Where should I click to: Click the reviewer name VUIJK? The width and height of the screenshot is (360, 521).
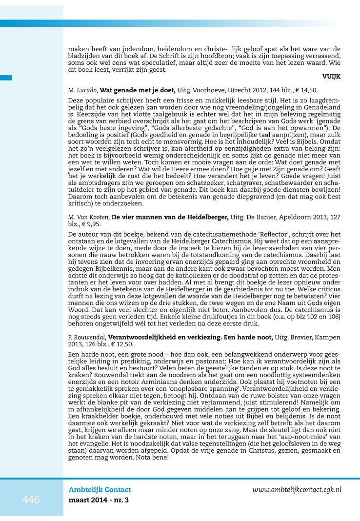tap(331, 77)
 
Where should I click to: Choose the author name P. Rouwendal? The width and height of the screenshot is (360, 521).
tap(87, 337)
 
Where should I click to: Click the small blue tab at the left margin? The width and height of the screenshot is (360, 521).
tap(6, 77)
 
